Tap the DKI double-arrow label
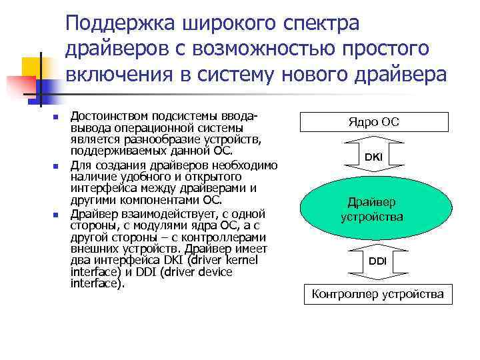373,157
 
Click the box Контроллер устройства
377,293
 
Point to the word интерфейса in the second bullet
101,188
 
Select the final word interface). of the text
97,283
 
